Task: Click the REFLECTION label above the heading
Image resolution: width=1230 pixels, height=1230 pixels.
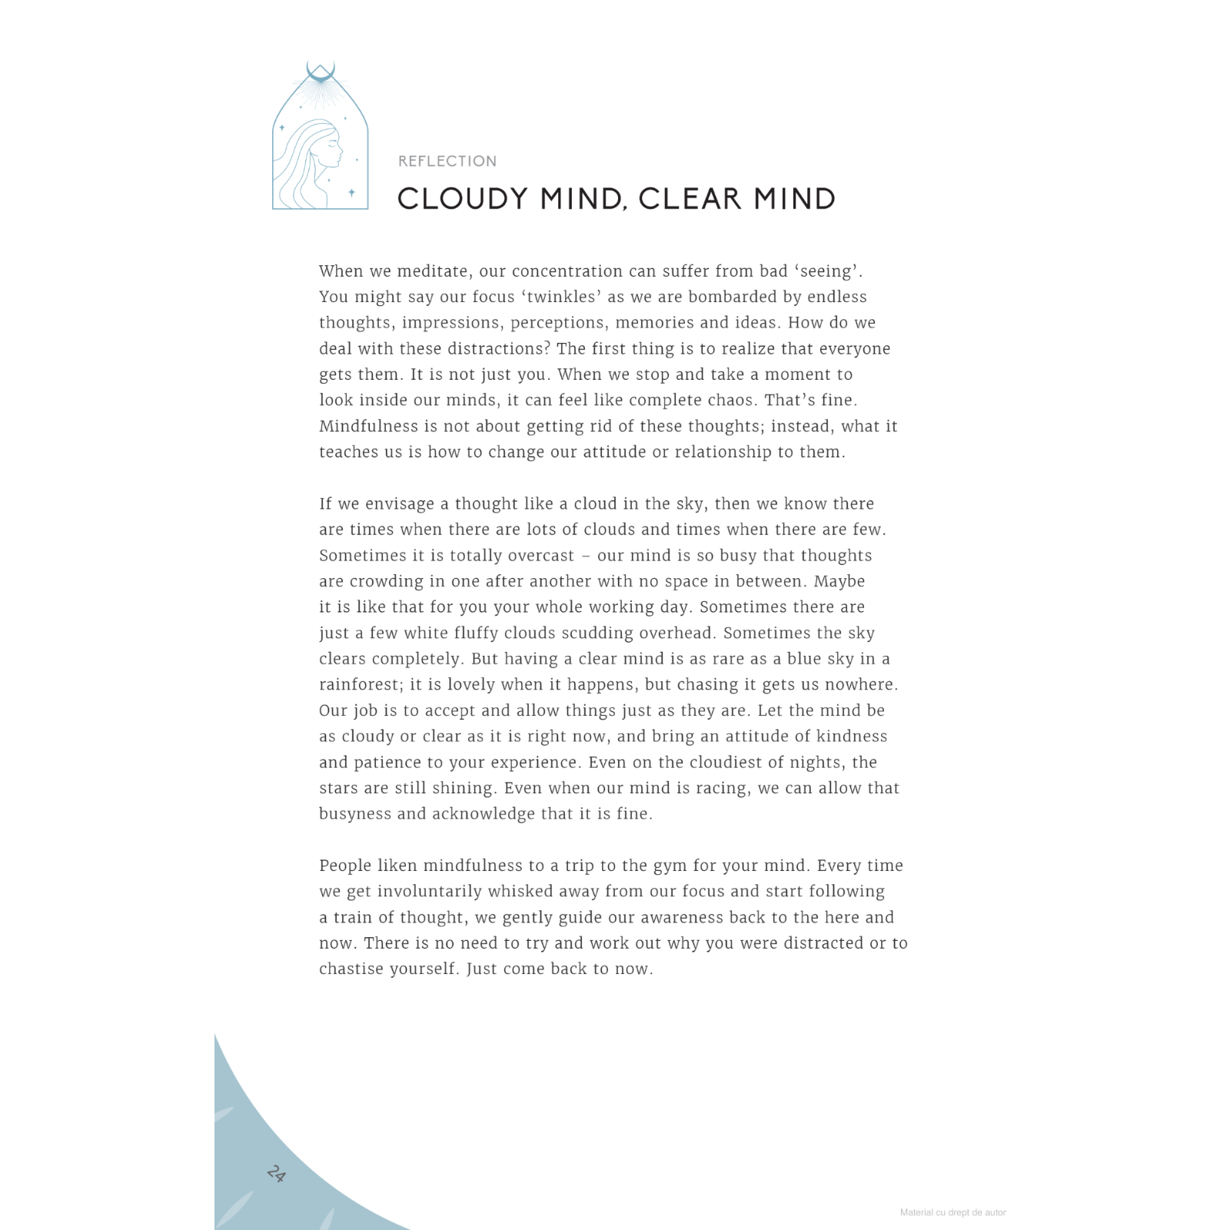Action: pyautogui.click(x=447, y=161)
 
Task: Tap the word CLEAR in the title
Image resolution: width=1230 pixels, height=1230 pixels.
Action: pyautogui.click(x=690, y=199)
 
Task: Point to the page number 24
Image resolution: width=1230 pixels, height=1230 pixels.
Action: pyautogui.click(x=276, y=1174)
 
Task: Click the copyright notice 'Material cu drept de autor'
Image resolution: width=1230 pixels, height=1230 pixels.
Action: pyautogui.click(x=952, y=1212)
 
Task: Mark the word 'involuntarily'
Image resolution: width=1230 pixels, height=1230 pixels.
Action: pyautogui.click(x=430, y=892)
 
